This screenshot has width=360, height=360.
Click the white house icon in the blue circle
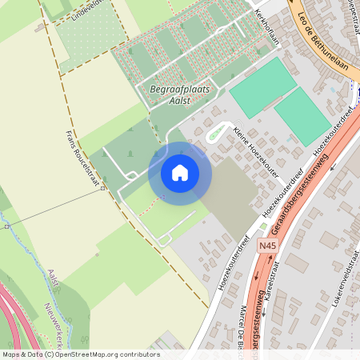tap(180, 173)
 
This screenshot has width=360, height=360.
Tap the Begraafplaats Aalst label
tap(180, 95)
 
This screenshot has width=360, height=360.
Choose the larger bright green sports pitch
tap(262, 87)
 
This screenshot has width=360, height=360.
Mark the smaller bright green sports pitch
tap(302, 116)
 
